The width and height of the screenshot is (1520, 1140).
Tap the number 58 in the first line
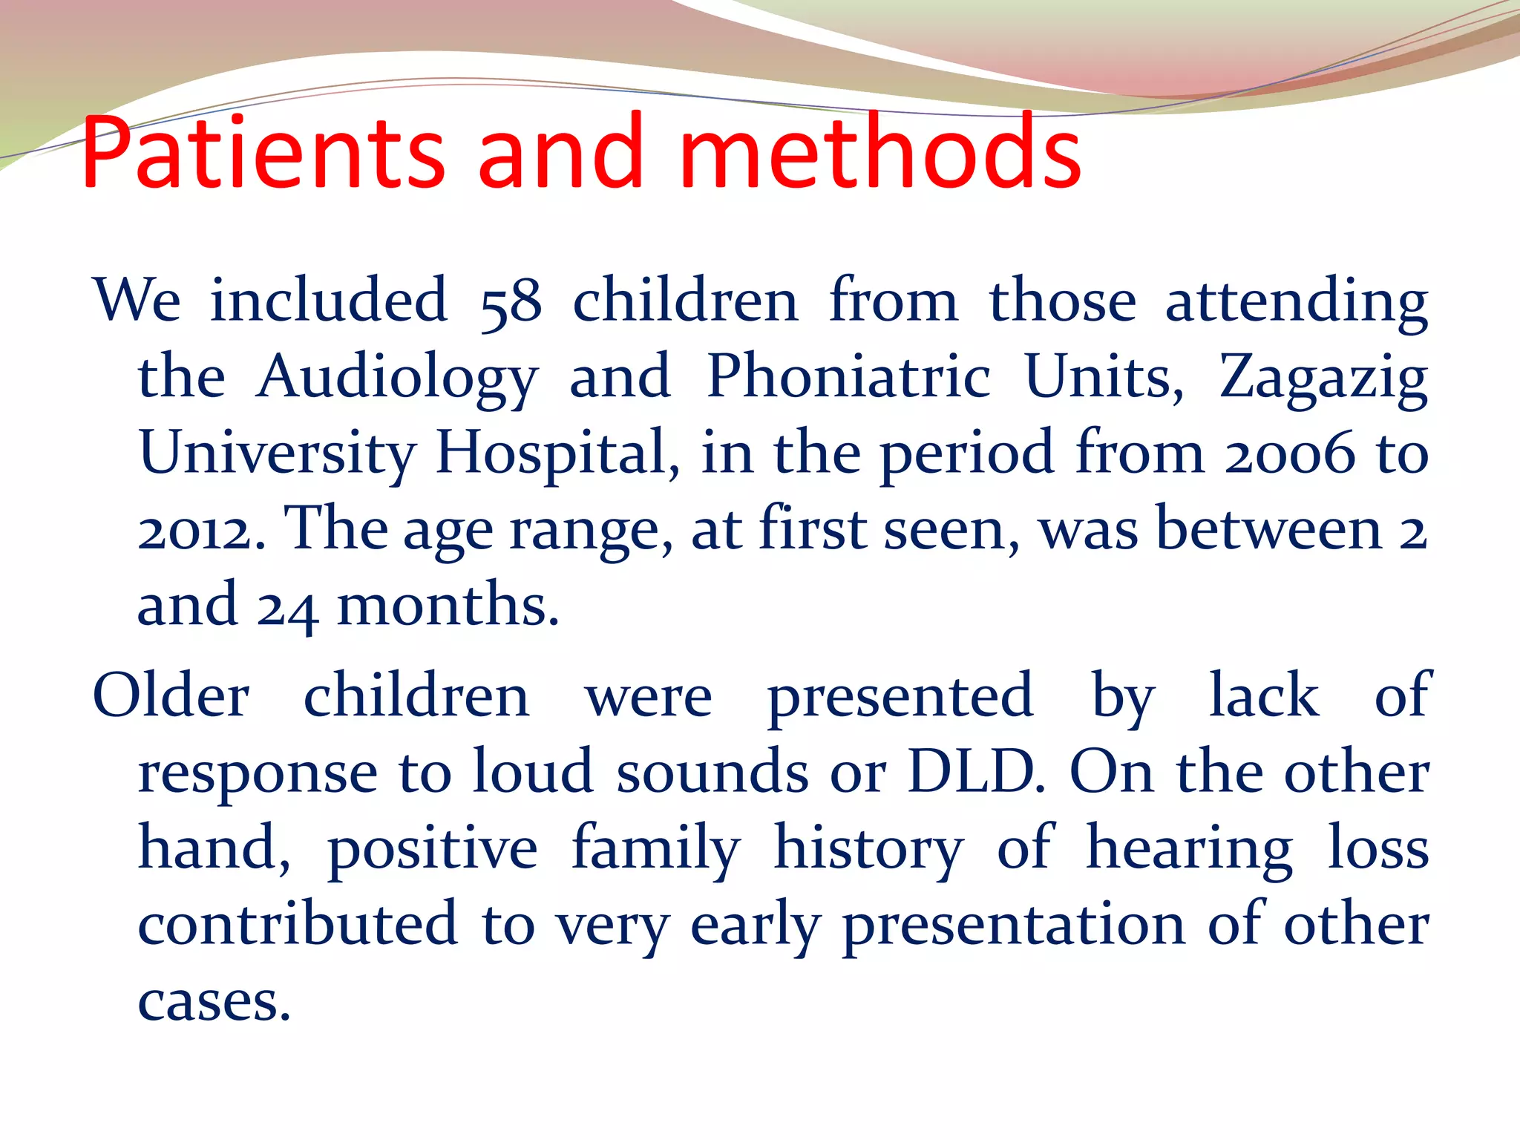pos(511,303)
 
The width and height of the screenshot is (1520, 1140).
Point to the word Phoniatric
pos(848,377)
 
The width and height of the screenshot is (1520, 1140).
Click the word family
pos(656,849)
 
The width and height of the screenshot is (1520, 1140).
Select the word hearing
pos(1189,851)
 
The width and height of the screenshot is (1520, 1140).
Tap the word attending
pos(1296,303)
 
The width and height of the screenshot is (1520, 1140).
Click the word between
pos(1269,530)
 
